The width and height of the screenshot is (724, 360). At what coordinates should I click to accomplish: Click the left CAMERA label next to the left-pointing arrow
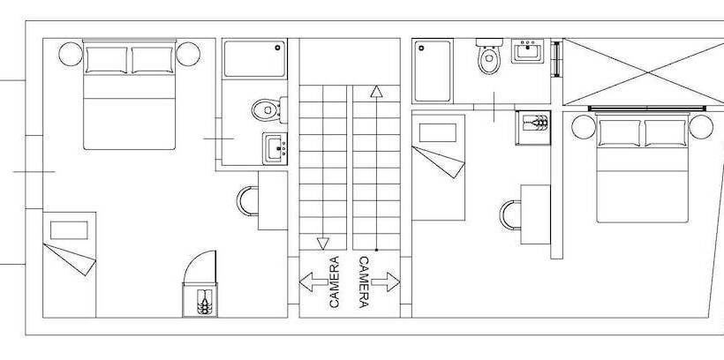click(335, 282)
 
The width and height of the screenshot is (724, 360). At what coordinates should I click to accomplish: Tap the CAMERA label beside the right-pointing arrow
click(364, 282)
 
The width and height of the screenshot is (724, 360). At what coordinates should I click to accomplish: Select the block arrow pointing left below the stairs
click(313, 281)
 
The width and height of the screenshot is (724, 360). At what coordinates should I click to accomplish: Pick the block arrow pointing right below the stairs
click(386, 281)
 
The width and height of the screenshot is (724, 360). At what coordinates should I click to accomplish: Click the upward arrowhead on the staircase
click(376, 92)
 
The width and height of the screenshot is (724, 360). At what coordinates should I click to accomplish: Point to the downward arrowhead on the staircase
click(323, 244)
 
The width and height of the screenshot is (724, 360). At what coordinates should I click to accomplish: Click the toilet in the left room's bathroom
click(269, 109)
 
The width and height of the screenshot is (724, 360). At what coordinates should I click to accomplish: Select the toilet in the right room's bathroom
click(489, 56)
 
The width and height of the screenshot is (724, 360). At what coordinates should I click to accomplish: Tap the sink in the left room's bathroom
click(275, 148)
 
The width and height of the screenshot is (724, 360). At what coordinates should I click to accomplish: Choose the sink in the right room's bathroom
click(527, 51)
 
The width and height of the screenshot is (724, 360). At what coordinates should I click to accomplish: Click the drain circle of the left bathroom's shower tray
click(278, 47)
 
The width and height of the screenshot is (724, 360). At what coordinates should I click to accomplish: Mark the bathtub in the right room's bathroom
click(432, 71)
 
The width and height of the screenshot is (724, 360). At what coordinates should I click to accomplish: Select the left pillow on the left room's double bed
click(106, 60)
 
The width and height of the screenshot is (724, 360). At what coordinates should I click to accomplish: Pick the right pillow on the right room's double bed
click(666, 133)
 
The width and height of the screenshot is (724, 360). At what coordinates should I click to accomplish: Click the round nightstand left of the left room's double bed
click(71, 54)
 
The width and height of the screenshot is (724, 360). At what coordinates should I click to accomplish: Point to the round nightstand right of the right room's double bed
click(701, 127)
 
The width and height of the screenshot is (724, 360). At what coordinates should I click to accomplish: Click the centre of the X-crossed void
click(648, 72)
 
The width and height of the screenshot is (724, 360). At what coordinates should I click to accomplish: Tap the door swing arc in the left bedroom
click(193, 259)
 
